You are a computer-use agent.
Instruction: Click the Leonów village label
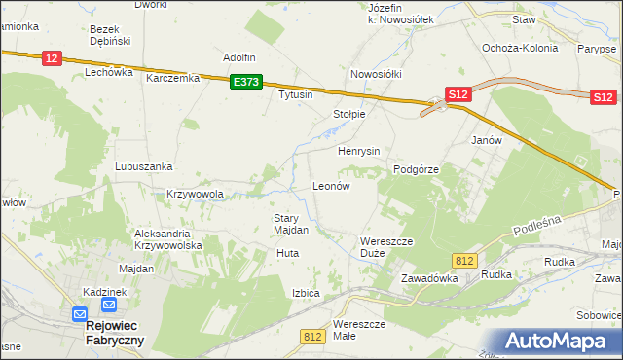330,185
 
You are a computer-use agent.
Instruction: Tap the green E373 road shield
245,84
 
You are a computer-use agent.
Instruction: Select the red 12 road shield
53,59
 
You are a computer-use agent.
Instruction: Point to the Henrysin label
358,152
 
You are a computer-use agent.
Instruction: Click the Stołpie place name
348,114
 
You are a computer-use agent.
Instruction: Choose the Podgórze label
417,169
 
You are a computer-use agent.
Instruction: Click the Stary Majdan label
291,225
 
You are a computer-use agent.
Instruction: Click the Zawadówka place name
429,277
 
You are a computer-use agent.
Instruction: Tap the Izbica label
306,292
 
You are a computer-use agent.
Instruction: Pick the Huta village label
287,253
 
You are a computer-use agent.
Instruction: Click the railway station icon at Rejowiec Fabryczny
80,314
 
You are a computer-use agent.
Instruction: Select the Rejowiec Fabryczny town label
109,332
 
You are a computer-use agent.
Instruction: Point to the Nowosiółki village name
376,74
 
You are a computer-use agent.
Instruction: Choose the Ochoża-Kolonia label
520,47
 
